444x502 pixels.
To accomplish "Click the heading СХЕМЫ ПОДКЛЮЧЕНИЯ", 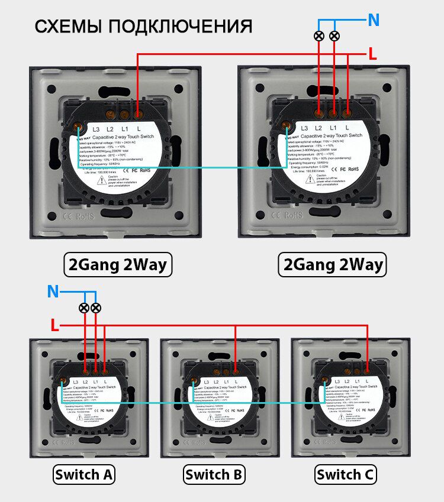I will (x=143, y=27).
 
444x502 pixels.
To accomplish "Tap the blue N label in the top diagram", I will (x=374, y=20).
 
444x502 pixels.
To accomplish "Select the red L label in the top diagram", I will (x=372, y=54).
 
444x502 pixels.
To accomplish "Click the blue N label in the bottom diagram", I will (x=53, y=292).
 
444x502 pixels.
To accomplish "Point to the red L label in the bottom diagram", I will (x=54, y=325).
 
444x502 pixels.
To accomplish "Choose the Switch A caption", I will (x=83, y=474).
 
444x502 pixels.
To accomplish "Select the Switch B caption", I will (x=215, y=474).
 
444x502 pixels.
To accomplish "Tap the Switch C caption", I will (x=346, y=474).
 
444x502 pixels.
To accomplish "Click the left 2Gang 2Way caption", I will (x=117, y=264).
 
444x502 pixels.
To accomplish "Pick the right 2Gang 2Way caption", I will (x=332, y=264).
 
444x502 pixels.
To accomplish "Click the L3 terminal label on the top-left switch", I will (x=96, y=128).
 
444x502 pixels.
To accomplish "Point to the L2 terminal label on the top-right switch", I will (x=318, y=128).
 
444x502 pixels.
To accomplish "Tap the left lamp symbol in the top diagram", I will (x=319, y=36).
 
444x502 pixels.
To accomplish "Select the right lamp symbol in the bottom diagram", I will (x=96, y=307).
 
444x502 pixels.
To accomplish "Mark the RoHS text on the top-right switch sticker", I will (x=353, y=169).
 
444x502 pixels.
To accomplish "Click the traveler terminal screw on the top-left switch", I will (x=78, y=126).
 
